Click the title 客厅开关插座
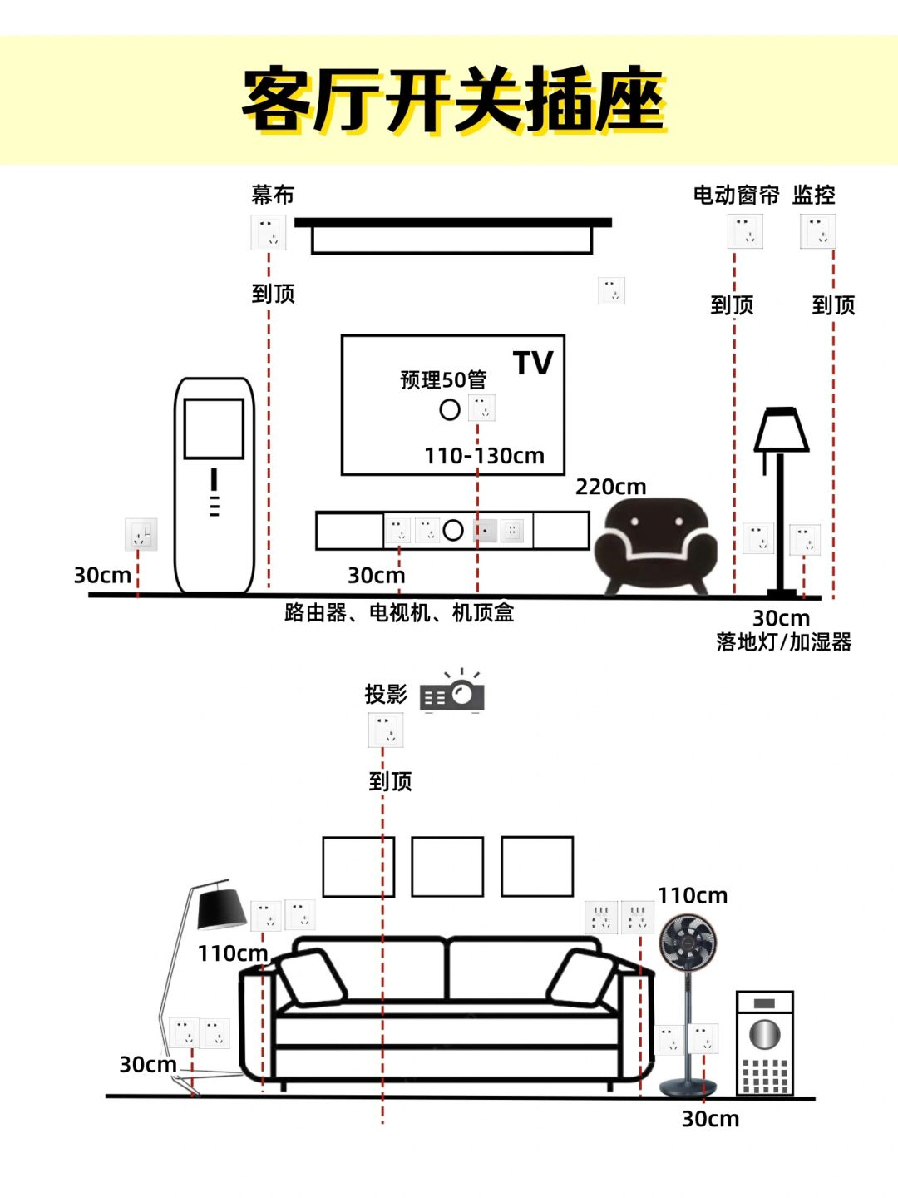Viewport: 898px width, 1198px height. tap(454, 100)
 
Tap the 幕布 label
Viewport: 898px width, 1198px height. tap(273, 195)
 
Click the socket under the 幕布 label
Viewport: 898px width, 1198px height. tap(269, 233)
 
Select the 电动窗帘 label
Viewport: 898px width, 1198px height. tap(736, 195)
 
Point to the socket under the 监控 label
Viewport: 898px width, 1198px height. tap(817, 231)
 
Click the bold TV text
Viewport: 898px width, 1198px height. tap(533, 364)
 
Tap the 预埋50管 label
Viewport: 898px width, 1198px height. tap(442, 380)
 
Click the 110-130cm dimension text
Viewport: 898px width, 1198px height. tap(484, 456)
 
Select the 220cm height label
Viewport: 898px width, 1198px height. tap(610, 487)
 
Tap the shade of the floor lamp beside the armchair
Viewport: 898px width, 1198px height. tap(781, 430)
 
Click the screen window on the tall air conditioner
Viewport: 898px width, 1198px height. tap(214, 428)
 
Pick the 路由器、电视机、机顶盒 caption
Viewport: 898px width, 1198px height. tap(399, 613)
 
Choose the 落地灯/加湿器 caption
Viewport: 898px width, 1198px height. tap(783, 642)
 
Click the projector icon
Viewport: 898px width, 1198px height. tap(452, 694)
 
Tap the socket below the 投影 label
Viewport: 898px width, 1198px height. tap(386, 730)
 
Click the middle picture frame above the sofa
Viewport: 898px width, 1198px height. tap(447, 867)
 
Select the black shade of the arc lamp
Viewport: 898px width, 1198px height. tap(220, 908)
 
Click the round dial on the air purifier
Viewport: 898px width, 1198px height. tap(764, 1034)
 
